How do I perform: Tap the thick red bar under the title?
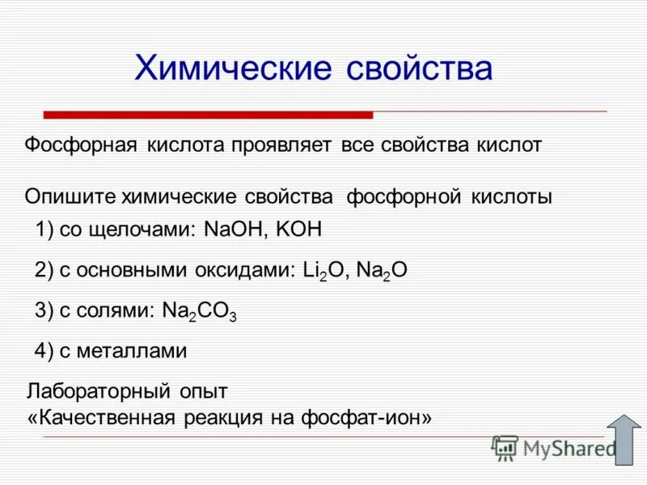(208, 115)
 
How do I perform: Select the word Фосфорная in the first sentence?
(78, 145)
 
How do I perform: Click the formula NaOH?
(235, 230)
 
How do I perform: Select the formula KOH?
(299, 230)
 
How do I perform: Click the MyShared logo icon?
(505, 448)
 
